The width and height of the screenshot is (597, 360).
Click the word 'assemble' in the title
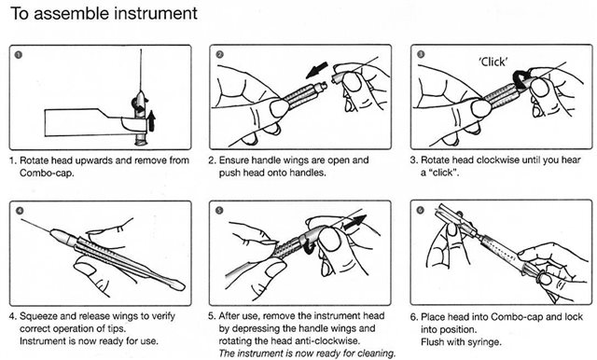(x=72, y=13)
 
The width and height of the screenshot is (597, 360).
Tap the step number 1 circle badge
(x=19, y=55)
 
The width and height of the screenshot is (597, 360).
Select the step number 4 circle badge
(x=19, y=211)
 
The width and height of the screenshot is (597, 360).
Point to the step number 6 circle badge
(x=420, y=210)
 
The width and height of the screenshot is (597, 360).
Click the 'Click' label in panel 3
(x=493, y=62)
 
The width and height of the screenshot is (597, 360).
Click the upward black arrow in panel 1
(x=151, y=120)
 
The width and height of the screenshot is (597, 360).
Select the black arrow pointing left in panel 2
(x=317, y=70)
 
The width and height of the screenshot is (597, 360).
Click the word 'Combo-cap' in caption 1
(x=46, y=173)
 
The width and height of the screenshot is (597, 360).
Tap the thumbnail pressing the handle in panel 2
(x=279, y=108)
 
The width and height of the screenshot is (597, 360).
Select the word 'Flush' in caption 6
(x=432, y=341)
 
